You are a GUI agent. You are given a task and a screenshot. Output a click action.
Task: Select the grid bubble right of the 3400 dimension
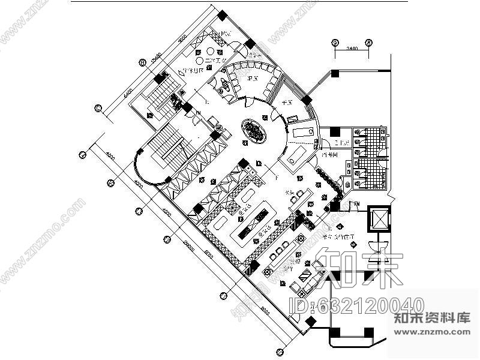pyautogui.click(x=369, y=43)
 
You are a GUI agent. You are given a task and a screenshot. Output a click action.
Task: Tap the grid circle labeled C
pyautogui.click(x=98, y=108)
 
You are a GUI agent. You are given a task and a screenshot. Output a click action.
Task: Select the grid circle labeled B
pyautogui.click(x=142, y=62)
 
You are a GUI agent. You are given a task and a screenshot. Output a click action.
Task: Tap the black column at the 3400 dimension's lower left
pyautogui.click(x=335, y=73)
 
